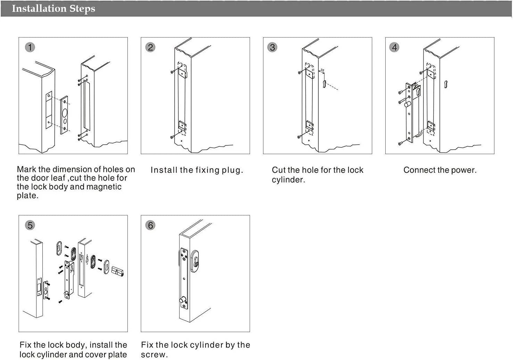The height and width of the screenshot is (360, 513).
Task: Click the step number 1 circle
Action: [30, 48]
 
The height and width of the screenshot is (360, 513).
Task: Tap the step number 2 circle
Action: [150, 48]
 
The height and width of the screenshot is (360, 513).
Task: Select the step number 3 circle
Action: [272, 48]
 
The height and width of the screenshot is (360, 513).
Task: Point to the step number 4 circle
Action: [394, 48]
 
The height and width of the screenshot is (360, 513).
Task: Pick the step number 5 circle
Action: [30, 225]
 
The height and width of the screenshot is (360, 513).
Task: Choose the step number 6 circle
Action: [150, 225]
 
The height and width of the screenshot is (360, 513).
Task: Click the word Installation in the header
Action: [39, 8]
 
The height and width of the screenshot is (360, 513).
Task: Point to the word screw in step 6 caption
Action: [154, 355]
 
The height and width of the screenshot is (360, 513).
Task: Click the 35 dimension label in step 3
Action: [322, 70]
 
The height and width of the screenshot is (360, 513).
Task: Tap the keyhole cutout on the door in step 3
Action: [325, 84]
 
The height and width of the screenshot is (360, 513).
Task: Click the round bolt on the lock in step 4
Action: [407, 104]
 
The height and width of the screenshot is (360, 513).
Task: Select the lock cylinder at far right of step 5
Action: [117, 271]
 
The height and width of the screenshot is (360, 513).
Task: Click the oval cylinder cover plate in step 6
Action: [195, 261]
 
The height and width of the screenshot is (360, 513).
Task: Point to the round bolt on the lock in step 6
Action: [183, 300]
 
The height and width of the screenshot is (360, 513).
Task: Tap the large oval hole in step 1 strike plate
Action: [65, 113]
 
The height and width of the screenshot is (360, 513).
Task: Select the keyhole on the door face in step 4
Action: [446, 84]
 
